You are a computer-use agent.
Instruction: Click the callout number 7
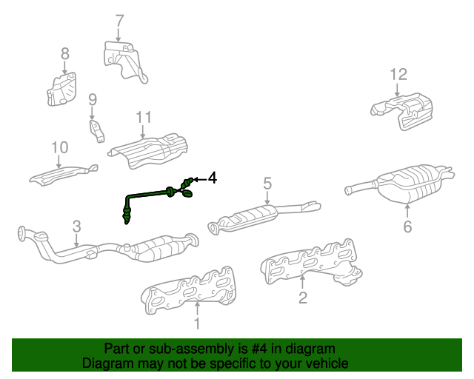pos(120,21)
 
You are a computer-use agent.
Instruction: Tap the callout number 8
pos(65,54)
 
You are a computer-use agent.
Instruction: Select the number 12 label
pos(398,74)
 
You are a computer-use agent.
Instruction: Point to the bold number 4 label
pos(213,178)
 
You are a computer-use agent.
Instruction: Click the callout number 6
pos(407,227)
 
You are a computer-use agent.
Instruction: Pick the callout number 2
pos(303,298)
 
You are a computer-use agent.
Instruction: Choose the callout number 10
pos(59,147)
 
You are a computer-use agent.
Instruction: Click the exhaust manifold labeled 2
pos(311,263)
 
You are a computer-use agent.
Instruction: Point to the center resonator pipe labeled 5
pos(263,216)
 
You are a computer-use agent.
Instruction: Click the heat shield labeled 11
pos(148,150)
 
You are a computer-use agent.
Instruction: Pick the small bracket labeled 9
pos(97,131)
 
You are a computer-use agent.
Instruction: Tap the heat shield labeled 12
pos(402,111)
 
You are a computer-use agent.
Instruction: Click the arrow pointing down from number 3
pos(76,241)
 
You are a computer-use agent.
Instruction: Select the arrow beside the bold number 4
pos(199,180)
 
